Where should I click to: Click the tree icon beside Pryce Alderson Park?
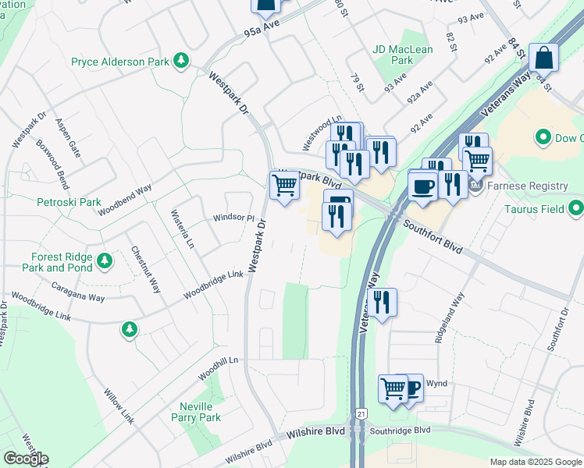[x=181, y=61]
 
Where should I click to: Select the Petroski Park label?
[x=69, y=202]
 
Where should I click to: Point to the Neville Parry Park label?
[x=197, y=412]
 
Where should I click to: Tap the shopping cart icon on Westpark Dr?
[x=284, y=186]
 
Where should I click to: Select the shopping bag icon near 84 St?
[x=543, y=58]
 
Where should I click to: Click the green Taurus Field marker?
[x=576, y=208]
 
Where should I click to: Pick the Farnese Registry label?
[x=528, y=186]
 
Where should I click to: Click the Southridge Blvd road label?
[x=401, y=431]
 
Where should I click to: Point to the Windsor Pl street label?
[x=233, y=218]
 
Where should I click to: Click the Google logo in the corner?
[x=26, y=459]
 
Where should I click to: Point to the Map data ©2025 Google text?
[x=535, y=462]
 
